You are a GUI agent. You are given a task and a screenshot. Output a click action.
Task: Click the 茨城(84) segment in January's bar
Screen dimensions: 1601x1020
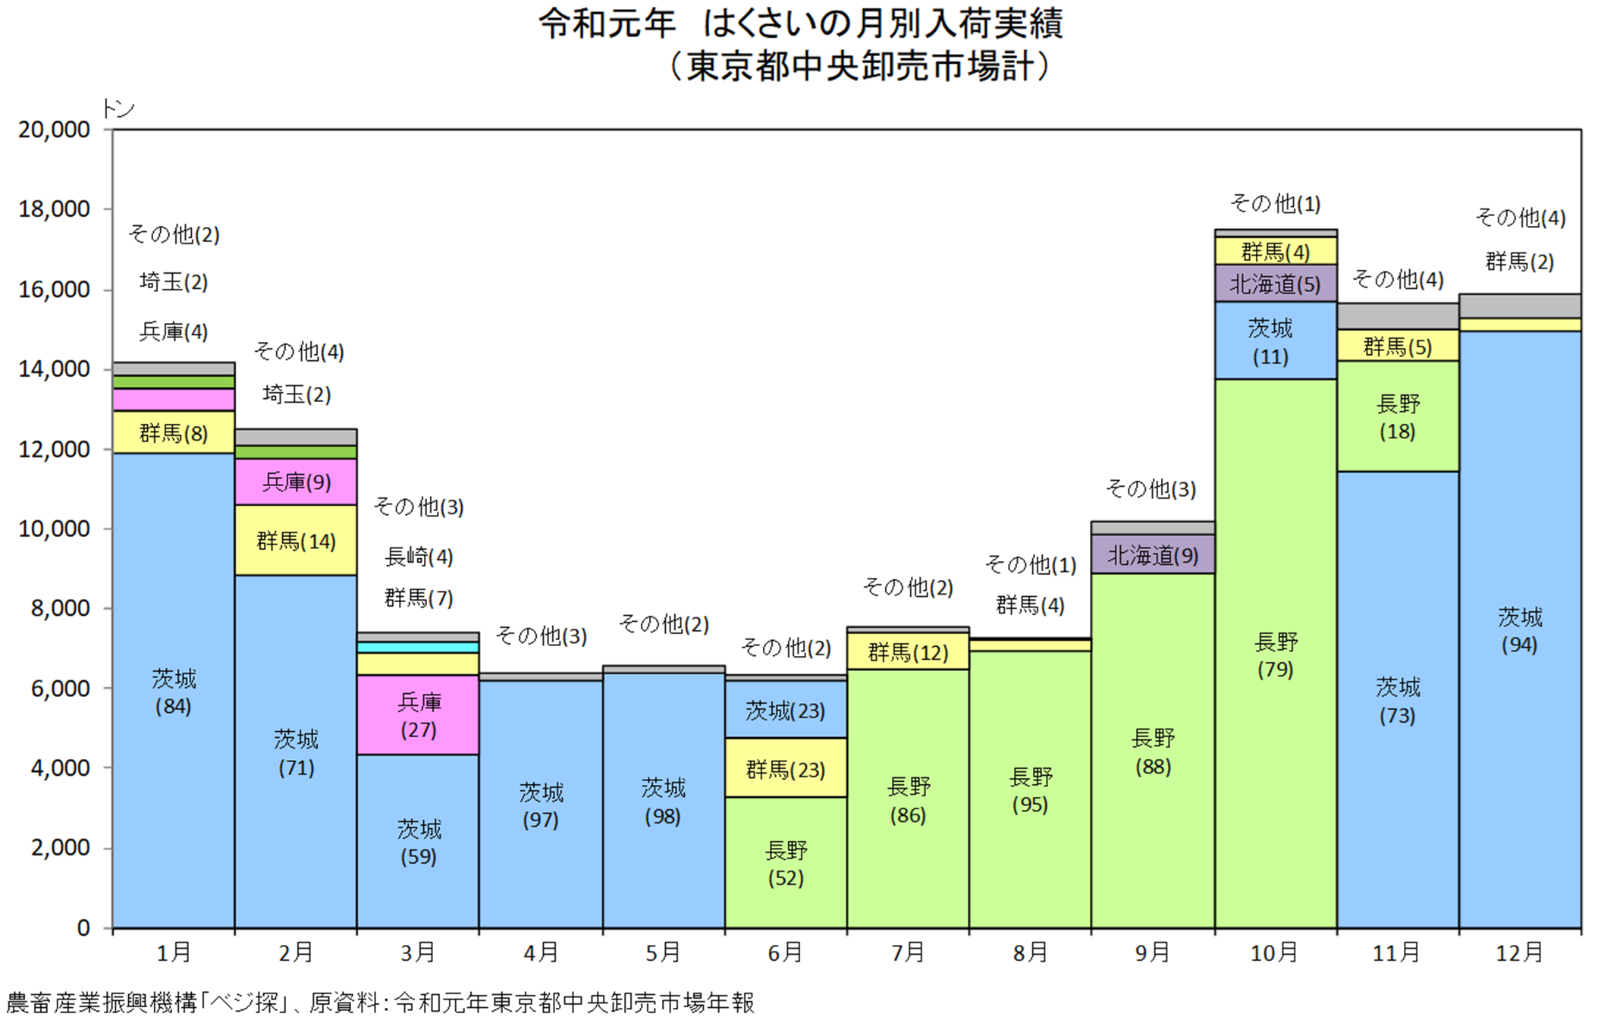(x=174, y=690)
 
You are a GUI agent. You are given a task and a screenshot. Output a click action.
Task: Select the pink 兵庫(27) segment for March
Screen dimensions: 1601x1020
(x=418, y=715)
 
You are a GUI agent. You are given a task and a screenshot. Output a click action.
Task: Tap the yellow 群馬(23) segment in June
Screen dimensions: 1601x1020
(x=786, y=767)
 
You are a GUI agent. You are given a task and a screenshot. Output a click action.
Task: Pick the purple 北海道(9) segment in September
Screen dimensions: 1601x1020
(x=1153, y=554)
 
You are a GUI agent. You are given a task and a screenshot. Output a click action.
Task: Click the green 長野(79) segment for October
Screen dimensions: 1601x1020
(x=1276, y=654)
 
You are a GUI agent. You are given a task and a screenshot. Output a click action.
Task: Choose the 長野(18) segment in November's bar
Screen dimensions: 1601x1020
(x=1398, y=416)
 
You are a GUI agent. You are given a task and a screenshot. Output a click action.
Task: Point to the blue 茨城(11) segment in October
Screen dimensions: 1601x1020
(x=1276, y=341)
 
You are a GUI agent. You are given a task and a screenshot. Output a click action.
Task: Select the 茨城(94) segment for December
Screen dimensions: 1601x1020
(x=1520, y=629)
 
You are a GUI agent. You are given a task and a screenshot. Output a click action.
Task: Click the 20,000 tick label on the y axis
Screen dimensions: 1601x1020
(x=54, y=130)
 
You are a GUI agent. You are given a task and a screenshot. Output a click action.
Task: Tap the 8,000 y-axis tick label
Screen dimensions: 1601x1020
(x=60, y=608)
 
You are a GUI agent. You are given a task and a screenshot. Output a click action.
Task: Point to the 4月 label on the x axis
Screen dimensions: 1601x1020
(x=541, y=952)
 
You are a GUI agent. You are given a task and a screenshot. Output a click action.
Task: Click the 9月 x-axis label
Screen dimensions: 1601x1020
(x=1153, y=952)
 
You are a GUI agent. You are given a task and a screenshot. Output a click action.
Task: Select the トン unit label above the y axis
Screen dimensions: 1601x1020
(x=118, y=108)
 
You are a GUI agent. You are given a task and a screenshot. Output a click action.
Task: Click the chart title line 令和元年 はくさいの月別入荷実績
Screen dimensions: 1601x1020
(x=801, y=24)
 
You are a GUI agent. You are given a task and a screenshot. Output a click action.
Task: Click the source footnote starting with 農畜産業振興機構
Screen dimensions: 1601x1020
(x=381, y=1003)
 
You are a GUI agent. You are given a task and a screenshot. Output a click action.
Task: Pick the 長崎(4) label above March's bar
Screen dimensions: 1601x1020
(x=419, y=557)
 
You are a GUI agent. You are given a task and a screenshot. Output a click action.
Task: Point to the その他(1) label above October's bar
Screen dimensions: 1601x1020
(x=1276, y=203)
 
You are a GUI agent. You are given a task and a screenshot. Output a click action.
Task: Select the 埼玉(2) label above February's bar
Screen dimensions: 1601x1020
(x=297, y=394)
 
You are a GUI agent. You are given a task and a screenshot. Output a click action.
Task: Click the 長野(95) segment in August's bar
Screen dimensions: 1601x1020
(x=1031, y=789)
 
